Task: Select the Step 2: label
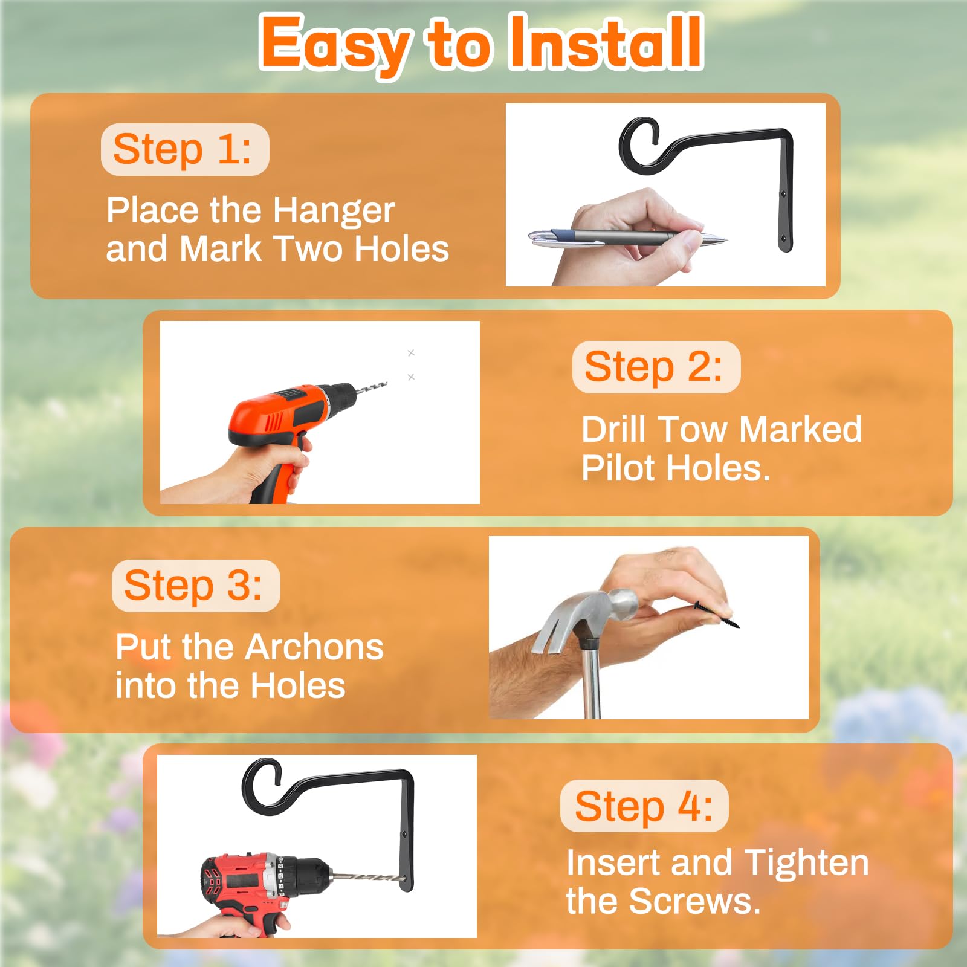coord(656,367)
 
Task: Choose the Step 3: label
coord(195,586)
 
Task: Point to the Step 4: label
coord(644,806)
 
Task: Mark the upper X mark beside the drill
coord(411,352)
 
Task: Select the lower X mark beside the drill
coord(411,377)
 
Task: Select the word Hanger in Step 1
coord(334,212)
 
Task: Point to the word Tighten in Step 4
coord(806,863)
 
